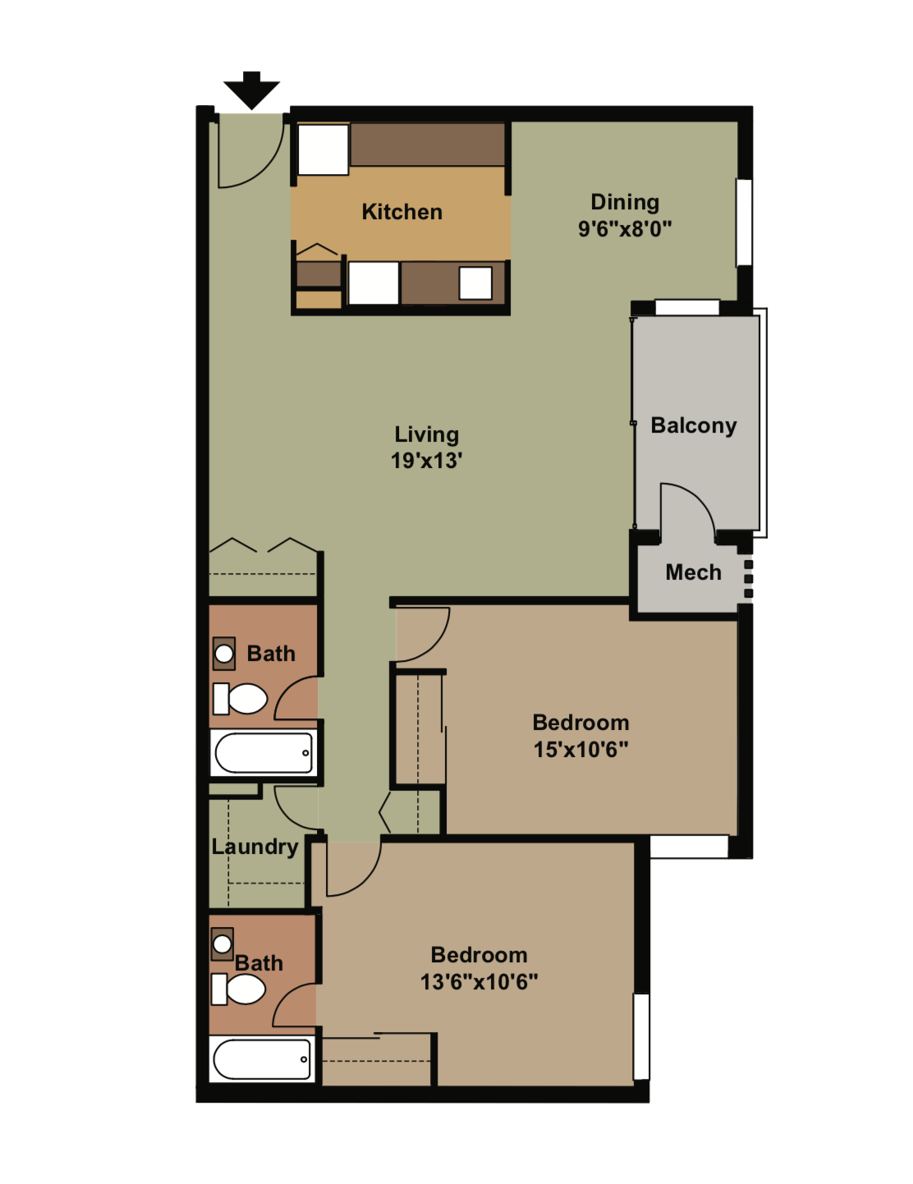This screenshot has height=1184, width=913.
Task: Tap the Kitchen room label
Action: (x=401, y=212)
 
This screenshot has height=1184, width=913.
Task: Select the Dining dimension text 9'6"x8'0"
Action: (x=624, y=229)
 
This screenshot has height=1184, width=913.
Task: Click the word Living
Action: (x=426, y=434)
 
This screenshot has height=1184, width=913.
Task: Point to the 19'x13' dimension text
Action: (x=426, y=461)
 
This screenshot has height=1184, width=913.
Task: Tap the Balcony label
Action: (x=693, y=425)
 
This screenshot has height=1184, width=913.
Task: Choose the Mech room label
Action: (x=693, y=572)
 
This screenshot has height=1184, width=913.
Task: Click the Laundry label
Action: (x=255, y=847)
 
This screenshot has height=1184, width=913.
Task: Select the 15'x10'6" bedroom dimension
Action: (x=580, y=750)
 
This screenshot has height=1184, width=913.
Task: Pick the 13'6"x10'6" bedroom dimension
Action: (x=479, y=982)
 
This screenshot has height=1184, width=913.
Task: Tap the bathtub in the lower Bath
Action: (x=262, y=1059)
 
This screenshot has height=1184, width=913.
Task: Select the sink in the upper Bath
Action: (x=223, y=654)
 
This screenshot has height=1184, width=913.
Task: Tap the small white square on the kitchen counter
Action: (x=475, y=283)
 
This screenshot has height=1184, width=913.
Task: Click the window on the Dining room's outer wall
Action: (x=744, y=223)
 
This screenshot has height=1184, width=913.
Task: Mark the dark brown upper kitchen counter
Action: (x=427, y=145)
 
